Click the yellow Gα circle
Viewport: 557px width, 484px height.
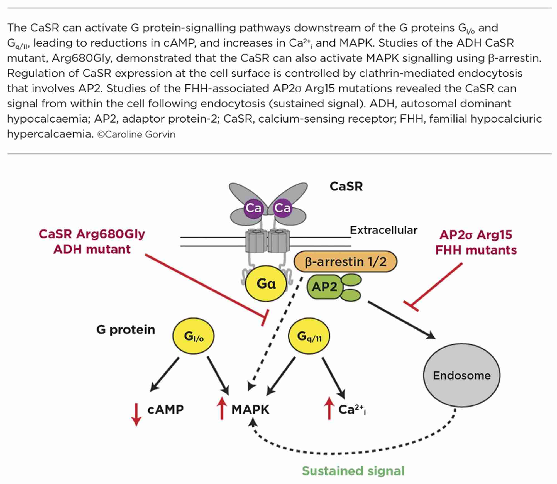click(266, 283)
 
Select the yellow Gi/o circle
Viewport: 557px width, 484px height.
click(194, 336)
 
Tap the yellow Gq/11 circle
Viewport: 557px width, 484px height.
click(309, 336)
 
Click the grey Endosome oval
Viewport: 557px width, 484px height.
click(461, 375)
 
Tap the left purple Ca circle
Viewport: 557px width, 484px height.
click(253, 208)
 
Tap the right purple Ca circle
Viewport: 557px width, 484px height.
click(282, 208)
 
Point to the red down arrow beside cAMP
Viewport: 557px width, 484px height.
click(136, 414)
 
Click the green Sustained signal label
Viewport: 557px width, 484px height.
click(353, 471)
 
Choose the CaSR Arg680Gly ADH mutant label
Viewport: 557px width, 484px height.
click(92, 241)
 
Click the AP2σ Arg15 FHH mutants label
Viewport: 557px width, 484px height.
click(476, 242)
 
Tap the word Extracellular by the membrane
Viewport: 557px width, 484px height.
click(383, 230)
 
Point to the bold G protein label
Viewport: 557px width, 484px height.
click(126, 329)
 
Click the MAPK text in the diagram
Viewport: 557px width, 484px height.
click(250, 409)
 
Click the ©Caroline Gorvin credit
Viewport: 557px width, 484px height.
click(136, 135)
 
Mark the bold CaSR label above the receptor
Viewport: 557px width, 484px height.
click(346, 186)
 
